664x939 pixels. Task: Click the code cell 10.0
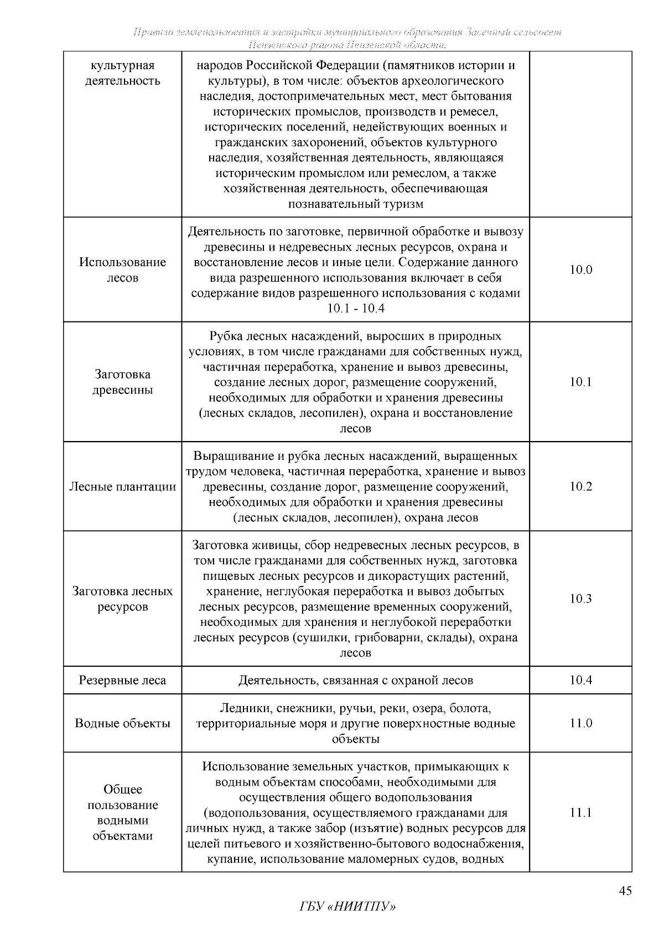coord(580,270)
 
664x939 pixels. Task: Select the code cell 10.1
coord(580,382)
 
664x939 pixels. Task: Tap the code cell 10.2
coord(580,486)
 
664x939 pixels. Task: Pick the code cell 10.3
coord(580,599)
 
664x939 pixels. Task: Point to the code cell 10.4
coord(580,680)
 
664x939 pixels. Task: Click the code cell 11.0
coord(580,723)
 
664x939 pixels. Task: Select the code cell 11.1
coord(580,812)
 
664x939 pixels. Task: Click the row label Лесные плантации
coord(122,487)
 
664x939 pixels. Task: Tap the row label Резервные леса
coord(122,680)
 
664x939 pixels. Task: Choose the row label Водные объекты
coord(122,723)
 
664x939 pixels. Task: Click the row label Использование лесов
coord(122,270)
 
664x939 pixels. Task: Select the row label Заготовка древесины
coord(122,382)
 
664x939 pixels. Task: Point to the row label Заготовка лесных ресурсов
coord(122,599)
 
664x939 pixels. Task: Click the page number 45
coord(625,891)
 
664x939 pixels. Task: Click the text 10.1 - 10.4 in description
coord(355,309)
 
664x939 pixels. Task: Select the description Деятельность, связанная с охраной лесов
coord(355,680)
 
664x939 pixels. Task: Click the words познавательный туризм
coord(355,204)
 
